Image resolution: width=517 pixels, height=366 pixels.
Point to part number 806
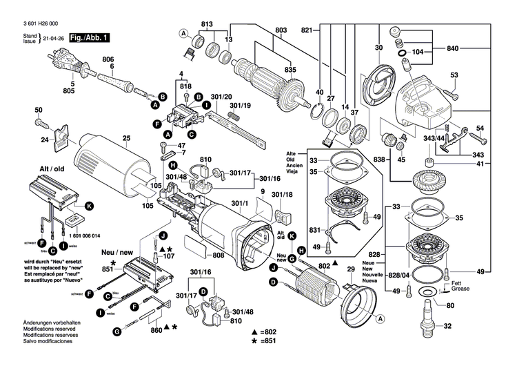click(109, 59)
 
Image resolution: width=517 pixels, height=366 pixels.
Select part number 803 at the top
click(281, 30)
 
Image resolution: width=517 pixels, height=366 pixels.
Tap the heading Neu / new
click(119, 253)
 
